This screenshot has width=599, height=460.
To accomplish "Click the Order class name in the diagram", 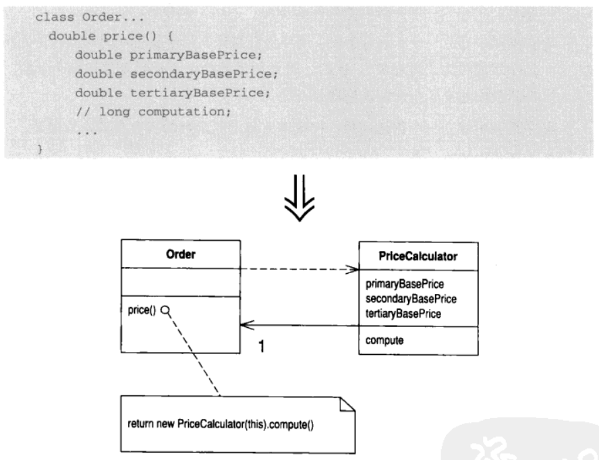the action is pyautogui.click(x=181, y=254).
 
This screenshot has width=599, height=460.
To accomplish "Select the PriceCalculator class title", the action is pyautogui.click(x=418, y=256).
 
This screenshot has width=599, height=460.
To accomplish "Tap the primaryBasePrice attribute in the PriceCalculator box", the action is pyautogui.click(x=405, y=284).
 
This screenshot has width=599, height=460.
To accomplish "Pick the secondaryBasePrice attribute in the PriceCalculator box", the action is pyautogui.click(x=411, y=299).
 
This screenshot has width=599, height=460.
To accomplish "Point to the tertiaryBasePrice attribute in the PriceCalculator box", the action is pyautogui.click(x=403, y=314).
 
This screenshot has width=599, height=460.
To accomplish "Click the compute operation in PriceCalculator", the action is pyautogui.click(x=384, y=340).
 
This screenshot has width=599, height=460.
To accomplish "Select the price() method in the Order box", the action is pyautogui.click(x=142, y=310).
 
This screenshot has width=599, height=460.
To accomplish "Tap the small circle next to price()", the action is pyautogui.click(x=165, y=310).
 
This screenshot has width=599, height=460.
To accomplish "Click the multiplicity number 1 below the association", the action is pyautogui.click(x=261, y=346).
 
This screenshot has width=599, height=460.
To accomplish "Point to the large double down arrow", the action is pyautogui.click(x=299, y=198).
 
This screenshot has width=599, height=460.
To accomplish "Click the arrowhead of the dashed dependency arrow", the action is pyautogui.click(x=353, y=269).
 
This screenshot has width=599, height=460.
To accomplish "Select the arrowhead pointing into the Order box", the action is pyautogui.click(x=247, y=325).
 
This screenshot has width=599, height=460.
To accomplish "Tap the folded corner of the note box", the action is pyautogui.click(x=347, y=405).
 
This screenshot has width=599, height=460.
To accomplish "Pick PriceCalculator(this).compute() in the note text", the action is pyautogui.click(x=246, y=424).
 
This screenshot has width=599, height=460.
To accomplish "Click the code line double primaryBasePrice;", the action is pyautogui.click(x=169, y=55).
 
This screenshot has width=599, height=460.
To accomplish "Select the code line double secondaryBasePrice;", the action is pyautogui.click(x=176, y=74).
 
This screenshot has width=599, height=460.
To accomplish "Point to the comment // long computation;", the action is pyautogui.click(x=153, y=111).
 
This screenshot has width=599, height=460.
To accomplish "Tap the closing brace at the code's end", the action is pyautogui.click(x=39, y=148).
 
